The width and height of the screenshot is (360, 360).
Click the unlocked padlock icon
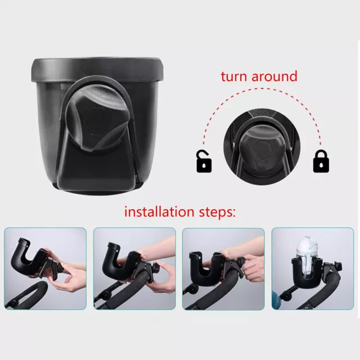point(204,161)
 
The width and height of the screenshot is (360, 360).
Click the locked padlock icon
point(321,161)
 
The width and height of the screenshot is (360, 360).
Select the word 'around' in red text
point(274,76)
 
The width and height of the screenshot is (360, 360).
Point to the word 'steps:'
point(217,213)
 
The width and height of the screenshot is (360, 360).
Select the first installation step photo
point(45,268)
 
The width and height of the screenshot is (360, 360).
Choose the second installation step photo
point(134,268)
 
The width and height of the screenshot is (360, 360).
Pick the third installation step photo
point(223,269)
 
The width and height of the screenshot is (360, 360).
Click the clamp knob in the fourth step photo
point(337,266)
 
